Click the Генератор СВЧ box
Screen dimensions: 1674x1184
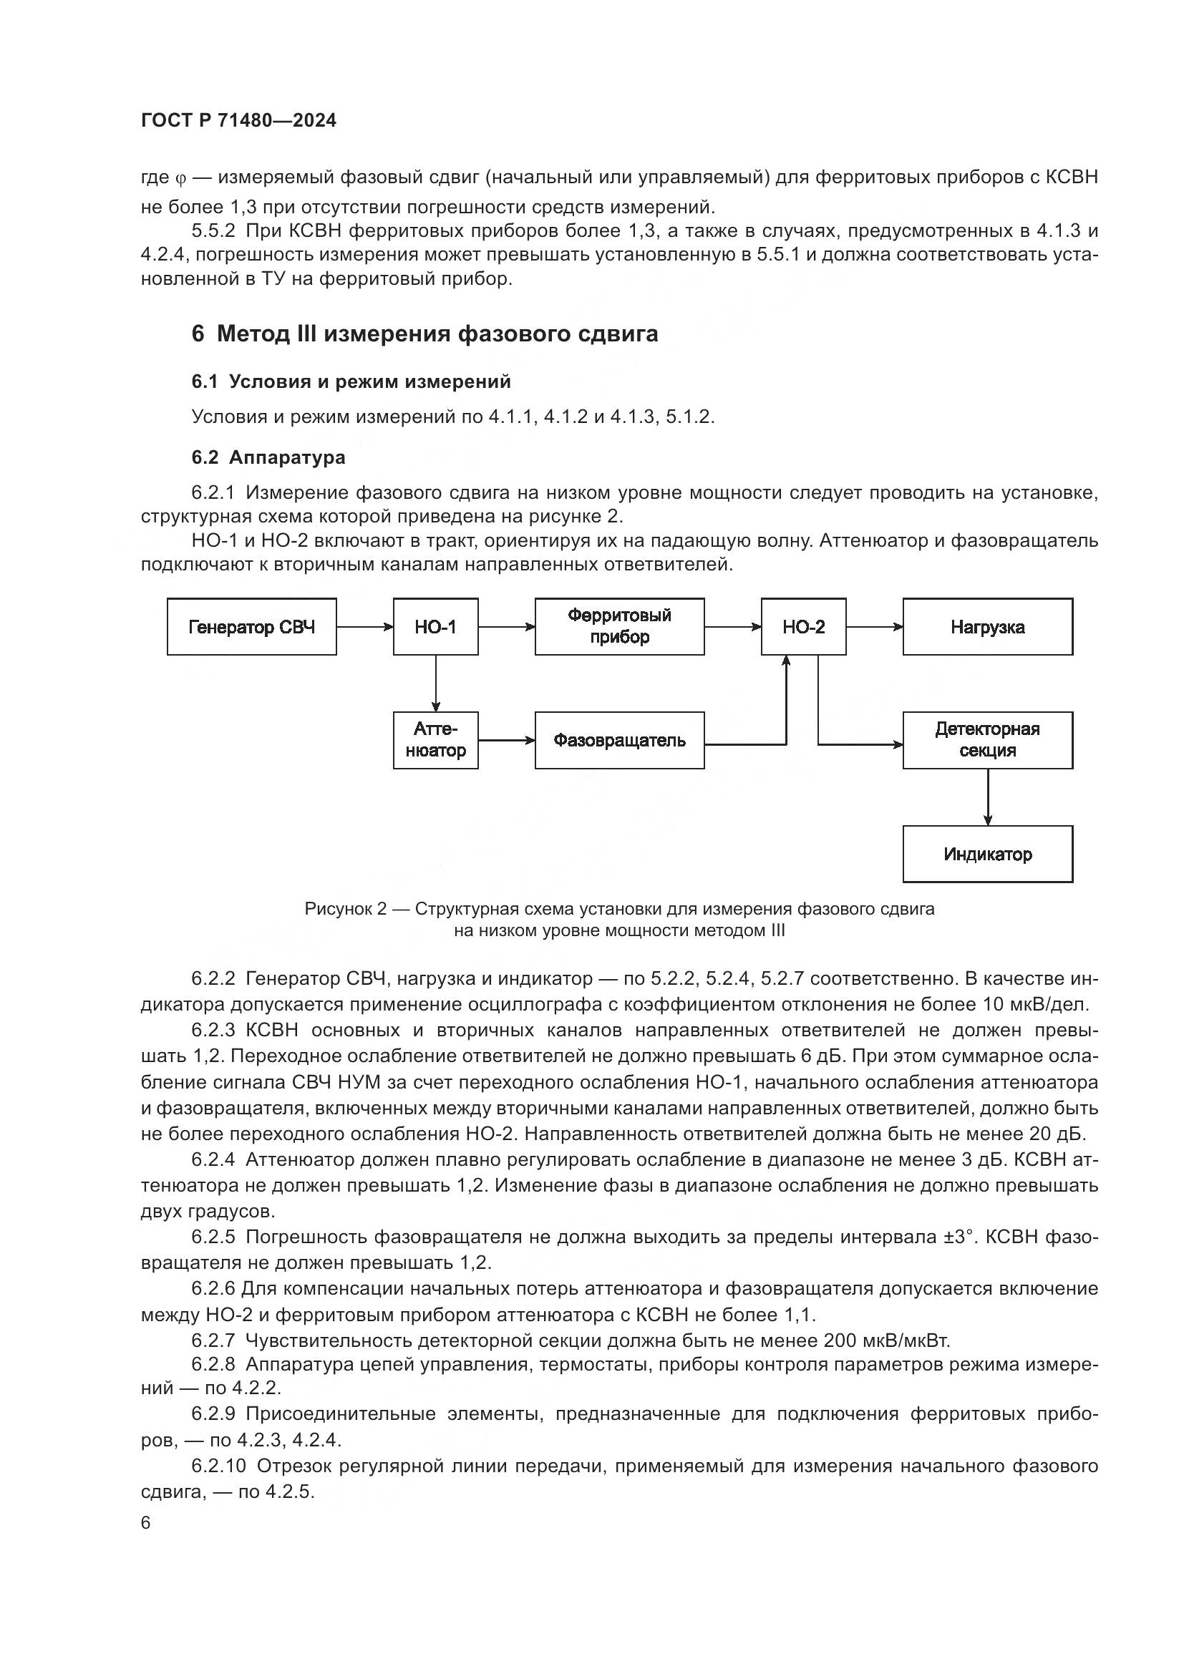251,627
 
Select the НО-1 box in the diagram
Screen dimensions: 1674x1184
435,627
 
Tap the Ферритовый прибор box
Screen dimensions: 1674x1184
619,627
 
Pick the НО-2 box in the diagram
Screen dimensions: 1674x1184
803,627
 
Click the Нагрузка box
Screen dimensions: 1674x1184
987,627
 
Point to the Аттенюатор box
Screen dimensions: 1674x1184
435,740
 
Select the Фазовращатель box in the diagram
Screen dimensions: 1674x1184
619,740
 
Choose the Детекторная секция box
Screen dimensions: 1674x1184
987,740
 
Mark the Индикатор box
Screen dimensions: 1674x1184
987,854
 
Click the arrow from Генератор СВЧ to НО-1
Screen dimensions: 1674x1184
364,626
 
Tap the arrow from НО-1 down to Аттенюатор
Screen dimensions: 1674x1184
436,683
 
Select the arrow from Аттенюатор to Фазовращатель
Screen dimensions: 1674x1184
506,741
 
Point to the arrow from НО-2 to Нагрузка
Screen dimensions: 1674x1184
874,626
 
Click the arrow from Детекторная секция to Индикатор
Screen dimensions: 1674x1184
988,797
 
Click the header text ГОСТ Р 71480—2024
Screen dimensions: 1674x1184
238,121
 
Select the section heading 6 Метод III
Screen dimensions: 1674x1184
424,334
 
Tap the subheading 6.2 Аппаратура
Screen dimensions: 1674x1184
268,457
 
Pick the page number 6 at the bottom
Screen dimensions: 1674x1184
146,1522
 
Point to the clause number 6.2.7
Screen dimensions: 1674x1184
213,1340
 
